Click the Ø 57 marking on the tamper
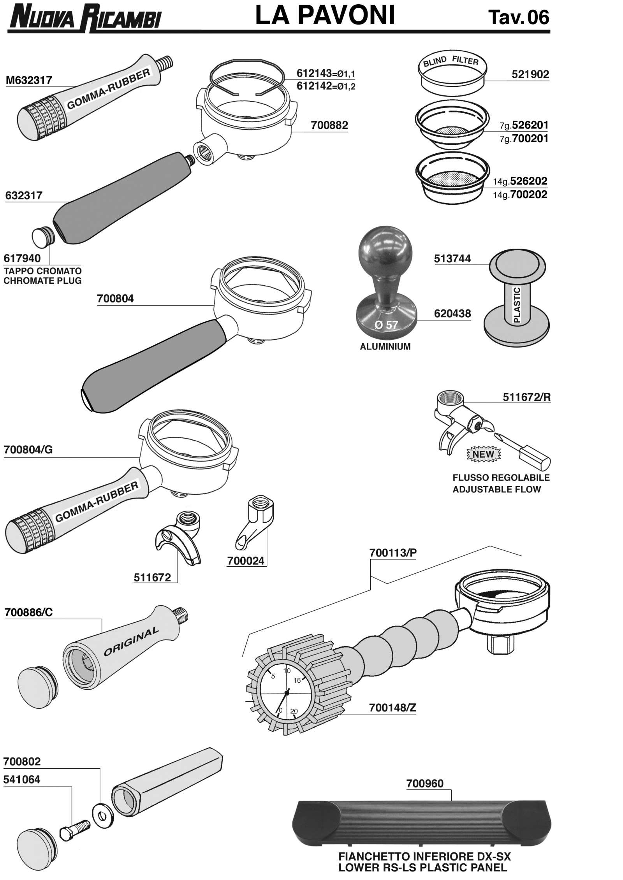(x=386, y=325)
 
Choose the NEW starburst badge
(x=483, y=454)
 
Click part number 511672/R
(x=526, y=397)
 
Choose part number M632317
(x=29, y=80)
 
